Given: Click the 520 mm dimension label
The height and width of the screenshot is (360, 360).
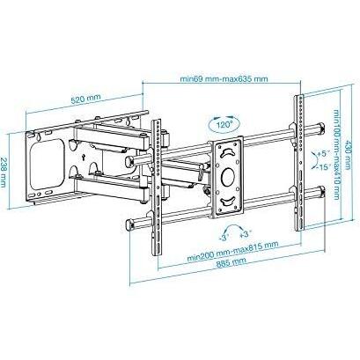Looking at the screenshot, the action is coord(86,99).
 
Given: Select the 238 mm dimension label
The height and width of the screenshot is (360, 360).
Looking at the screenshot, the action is coord(4,173).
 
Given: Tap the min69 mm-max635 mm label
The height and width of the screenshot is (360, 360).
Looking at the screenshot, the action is coord(224,78).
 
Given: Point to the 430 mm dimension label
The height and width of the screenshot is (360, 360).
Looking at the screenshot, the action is coord(348,154).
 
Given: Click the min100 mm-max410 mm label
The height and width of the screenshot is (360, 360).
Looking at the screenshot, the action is coord(336,154).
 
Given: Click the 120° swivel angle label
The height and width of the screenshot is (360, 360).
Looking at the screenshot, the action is coord(224,125).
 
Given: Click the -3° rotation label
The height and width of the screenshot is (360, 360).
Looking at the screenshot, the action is coord(223,238).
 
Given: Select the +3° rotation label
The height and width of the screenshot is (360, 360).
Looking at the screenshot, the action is coord(246,234).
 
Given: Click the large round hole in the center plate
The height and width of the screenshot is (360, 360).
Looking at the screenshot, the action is coord(228,177).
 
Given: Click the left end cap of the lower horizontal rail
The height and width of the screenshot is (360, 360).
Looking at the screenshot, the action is coord(129,225).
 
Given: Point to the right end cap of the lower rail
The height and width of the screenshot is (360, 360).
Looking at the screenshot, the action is coord(321,191).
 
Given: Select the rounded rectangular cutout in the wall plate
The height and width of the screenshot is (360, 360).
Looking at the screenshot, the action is coord(47,164).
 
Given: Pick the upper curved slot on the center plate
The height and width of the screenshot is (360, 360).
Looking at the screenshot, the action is coord(228,152).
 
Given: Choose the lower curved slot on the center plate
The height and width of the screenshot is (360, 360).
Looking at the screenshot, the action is coord(228,201).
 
